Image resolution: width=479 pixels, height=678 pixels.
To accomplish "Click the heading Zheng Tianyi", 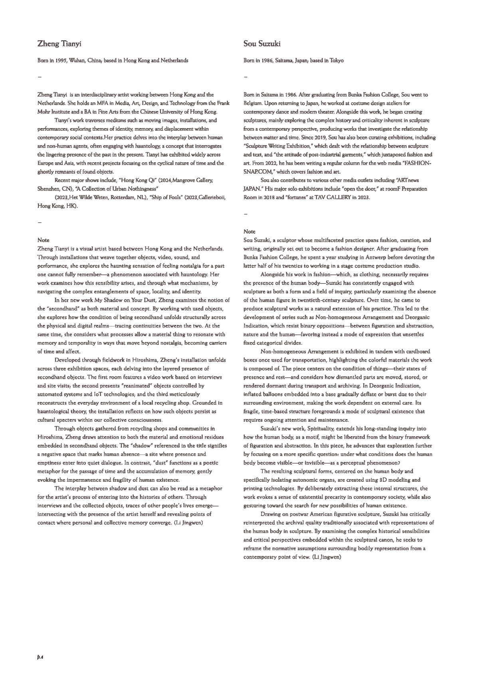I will point(59,43).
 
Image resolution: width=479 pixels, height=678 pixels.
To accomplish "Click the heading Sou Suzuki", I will point(262,43).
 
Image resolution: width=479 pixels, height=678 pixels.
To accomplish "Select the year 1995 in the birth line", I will point(60,61).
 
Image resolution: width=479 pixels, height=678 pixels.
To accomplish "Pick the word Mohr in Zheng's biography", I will point(44,112).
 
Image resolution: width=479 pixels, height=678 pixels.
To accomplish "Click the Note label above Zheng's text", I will point(43,240).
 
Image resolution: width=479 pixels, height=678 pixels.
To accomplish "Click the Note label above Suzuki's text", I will point(249,231).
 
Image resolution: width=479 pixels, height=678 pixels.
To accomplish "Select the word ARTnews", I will point(408,180).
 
